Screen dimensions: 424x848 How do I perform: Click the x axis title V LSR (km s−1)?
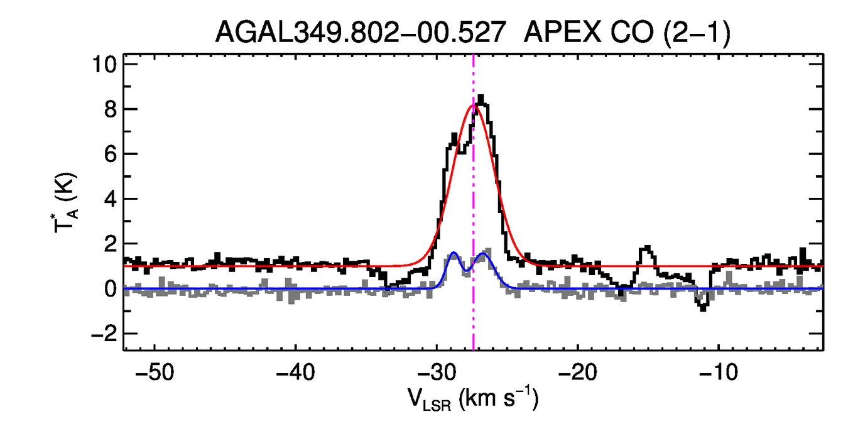click(x=473, y=398)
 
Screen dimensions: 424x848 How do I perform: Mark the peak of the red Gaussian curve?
click(x=474, y=105)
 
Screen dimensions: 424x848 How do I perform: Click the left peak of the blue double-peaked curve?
click(x=454, y=253)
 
